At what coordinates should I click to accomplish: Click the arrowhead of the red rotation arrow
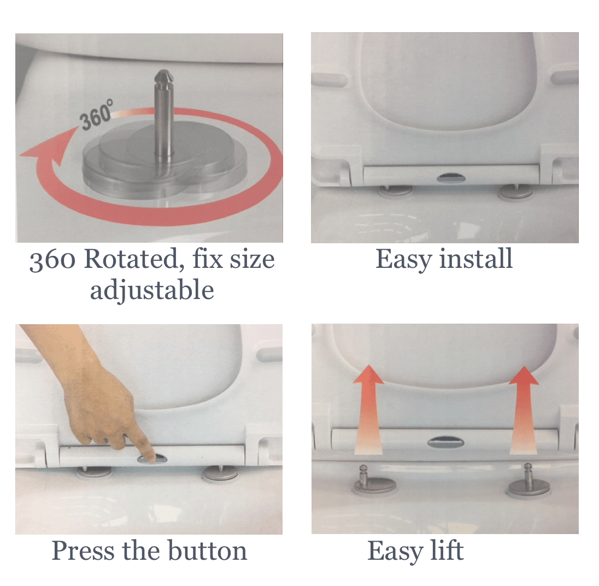[48, 148]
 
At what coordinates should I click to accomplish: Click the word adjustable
[152, 290]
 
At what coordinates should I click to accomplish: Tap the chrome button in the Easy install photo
[450, 177]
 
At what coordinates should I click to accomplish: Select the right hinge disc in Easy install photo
[516, 191]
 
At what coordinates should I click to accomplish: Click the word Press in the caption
[83, 551]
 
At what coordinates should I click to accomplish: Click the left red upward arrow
[368, 409]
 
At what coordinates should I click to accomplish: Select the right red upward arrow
[524, 411]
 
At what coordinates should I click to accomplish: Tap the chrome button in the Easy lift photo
[445, 442]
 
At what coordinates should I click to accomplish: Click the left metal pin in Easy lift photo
[363, 476]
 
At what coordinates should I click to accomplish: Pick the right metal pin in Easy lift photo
[528, 475]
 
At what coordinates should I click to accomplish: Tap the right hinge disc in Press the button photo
[221, 474]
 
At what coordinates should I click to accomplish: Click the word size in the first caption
[252, 260]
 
